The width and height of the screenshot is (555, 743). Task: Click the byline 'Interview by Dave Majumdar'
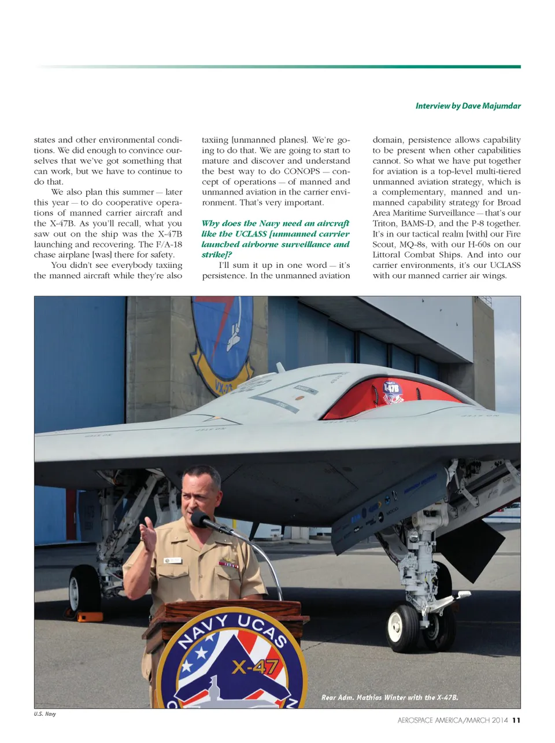[468, 106]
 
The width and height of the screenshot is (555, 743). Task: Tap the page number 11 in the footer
[516, 720]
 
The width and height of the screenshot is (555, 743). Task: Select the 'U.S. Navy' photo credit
[45, 714]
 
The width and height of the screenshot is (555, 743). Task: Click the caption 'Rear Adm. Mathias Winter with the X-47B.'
[390, 697]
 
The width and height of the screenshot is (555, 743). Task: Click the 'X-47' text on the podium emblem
[254, 667]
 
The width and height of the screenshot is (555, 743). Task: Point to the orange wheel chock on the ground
[89, 616]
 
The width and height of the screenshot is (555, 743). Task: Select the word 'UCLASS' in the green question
[251, 234]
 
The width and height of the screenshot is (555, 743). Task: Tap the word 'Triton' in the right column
[384, 223]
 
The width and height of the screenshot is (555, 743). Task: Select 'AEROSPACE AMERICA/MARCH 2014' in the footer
[453, 720]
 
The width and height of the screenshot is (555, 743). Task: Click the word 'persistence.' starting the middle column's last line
[224, 275]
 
